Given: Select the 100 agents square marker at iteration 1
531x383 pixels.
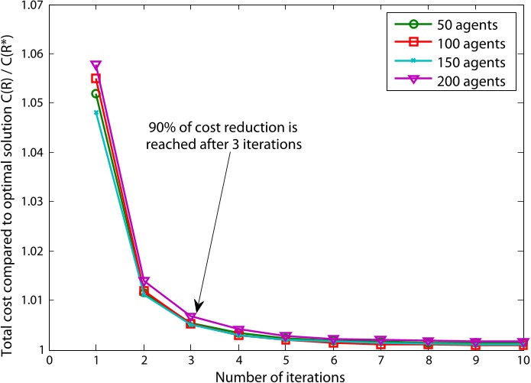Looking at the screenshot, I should tap(96, 78).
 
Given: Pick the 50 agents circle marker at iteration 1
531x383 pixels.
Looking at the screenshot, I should tap(96, 93).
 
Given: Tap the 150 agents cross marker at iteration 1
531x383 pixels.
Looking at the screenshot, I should tap(96, 112).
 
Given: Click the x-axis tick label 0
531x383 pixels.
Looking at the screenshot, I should tap(49, 359).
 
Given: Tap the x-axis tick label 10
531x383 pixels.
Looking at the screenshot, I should tap(523, 359).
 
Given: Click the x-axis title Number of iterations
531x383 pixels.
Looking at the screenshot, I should tap(286, 375).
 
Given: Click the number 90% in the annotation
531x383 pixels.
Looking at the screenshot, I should tap(162, 128).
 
